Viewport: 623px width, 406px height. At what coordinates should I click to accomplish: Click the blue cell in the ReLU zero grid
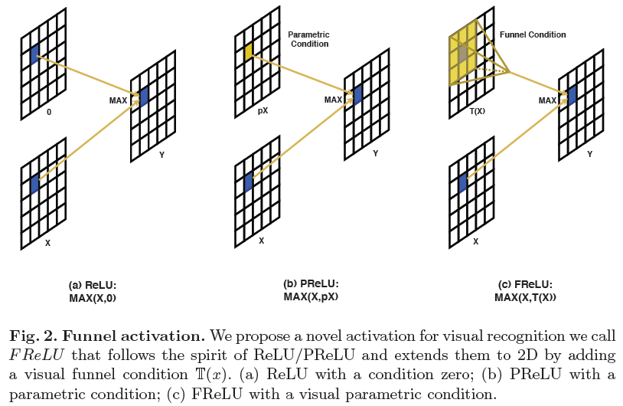34,54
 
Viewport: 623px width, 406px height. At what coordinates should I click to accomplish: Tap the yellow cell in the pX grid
249,52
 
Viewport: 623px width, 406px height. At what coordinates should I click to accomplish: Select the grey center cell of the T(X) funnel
462,53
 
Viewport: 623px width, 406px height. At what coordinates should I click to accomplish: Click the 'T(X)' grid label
478,112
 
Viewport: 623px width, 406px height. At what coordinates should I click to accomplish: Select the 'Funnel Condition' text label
533,34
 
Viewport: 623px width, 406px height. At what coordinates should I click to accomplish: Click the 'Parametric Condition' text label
308,39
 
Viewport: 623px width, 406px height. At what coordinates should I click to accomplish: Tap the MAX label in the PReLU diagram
333,100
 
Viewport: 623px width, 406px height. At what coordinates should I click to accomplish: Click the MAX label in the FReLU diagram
547,100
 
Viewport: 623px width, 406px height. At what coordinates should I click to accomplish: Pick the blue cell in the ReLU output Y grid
144,97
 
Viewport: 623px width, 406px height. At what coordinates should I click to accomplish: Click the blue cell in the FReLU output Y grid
572,95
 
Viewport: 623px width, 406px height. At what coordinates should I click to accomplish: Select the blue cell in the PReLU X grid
248,182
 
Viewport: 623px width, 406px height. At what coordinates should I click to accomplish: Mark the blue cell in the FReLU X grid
462,182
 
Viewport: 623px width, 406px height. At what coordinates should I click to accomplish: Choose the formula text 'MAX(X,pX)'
311,296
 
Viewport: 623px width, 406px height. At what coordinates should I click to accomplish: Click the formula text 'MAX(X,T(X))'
525,297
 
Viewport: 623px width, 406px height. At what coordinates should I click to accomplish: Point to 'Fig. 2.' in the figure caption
34,336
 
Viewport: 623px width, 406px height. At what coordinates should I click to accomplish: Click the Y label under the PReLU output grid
374,154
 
